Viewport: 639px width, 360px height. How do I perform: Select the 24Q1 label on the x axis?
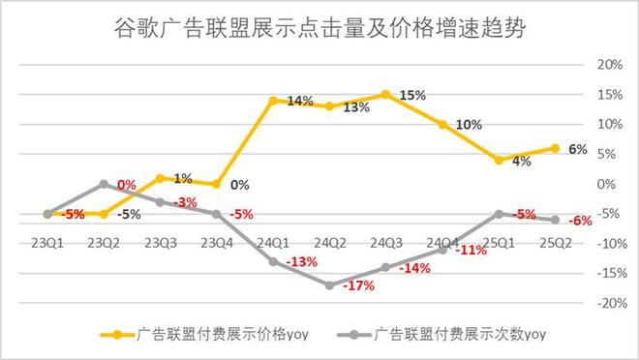tap(273, 243)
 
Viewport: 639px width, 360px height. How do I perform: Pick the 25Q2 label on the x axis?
tap(555, 243)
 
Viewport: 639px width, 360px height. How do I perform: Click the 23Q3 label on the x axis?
tap(161, 243)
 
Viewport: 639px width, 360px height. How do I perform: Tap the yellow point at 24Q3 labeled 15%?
tap(385, 94)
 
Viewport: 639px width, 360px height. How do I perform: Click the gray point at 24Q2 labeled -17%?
tap(329, 285)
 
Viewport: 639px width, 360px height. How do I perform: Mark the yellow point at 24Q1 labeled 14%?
tap(273, 100)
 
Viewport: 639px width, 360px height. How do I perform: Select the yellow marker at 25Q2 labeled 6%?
tap(554, 148)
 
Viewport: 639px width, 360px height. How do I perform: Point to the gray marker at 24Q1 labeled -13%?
tap(273, 261)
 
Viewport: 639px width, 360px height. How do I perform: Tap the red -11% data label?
tap(471, 250)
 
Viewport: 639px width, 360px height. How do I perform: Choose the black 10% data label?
tap(468, 125)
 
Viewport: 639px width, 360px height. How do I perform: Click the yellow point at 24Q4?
tap(441, 124)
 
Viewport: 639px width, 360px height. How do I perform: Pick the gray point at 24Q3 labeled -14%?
tap(385, 267)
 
